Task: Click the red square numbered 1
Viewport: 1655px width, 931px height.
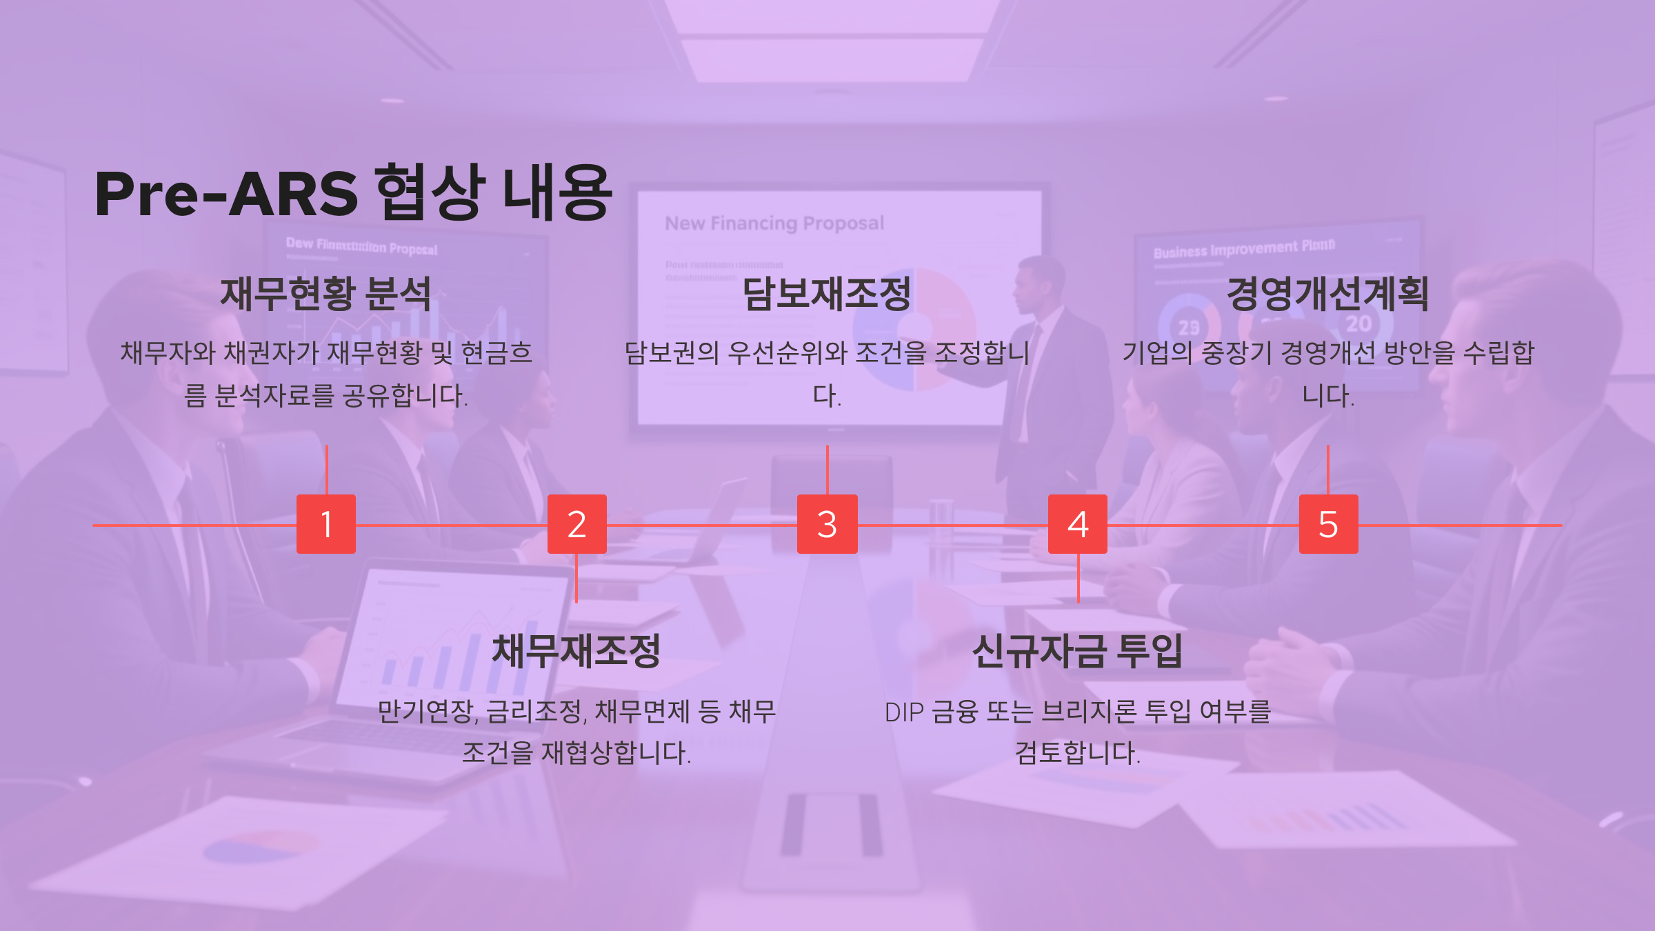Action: coord(326,524)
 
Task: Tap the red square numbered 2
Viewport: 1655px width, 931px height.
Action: coord(577,524)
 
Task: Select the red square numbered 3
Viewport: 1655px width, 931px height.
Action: coord(827,524)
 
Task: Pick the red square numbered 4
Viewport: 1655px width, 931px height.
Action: coord(1078,524)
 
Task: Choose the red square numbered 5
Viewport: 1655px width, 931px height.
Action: coord(1329,524)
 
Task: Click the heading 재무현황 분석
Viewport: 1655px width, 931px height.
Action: coord(325,294)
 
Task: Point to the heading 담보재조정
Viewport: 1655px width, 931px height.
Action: coord(827,294)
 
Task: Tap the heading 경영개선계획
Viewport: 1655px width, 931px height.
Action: coord(1327,294)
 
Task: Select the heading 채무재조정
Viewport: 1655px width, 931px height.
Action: coord(576,651)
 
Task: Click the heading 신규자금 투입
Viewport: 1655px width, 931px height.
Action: coord(1077,651)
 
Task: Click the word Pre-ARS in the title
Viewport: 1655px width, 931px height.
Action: coord(226,194)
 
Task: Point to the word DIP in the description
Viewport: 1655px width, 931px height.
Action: coord(904,712)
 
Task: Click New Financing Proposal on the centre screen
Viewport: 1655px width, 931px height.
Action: coord(774,223)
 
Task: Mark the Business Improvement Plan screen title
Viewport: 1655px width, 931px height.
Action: coord(1244,248)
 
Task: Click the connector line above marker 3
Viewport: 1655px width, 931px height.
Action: coord(827,470)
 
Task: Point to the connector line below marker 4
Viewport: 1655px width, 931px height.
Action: coord(1078,578)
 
